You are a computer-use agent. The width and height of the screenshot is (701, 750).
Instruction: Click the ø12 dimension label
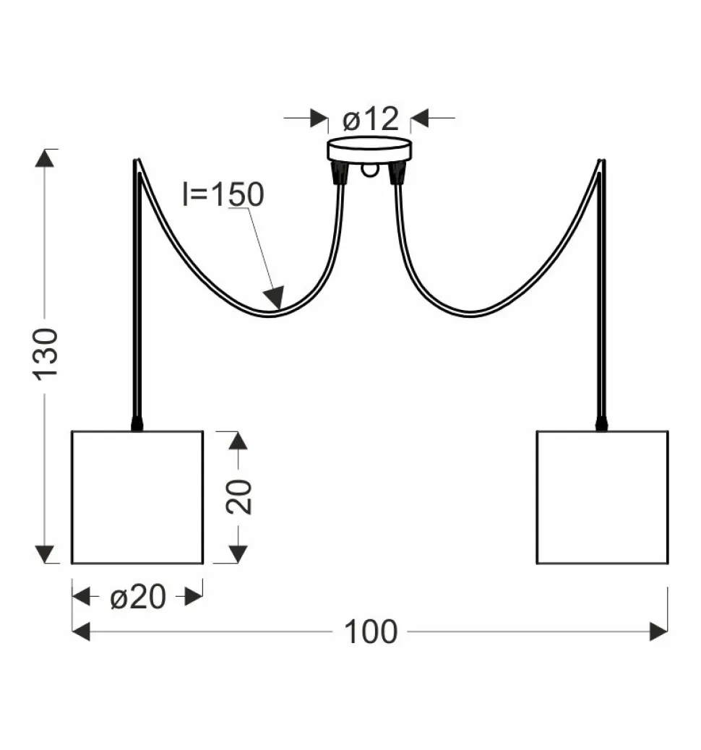(x=370, y=118)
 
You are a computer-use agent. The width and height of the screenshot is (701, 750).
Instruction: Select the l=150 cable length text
(x=223, y=194)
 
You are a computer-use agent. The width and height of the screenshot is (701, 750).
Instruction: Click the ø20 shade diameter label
(x=137, y=598)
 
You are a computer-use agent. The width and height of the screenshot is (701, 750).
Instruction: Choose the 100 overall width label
(x=370, y=632)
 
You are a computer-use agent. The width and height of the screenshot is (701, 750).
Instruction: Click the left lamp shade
(x=137, y=497)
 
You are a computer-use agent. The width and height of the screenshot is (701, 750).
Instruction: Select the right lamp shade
(x=602, y=497)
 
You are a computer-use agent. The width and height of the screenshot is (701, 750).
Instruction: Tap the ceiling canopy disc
(x=369, y=150)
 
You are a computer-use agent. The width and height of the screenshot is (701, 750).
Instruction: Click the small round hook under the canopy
(x=369, y=171)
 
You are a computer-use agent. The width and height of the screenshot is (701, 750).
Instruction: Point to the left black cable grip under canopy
(x=337, y=173)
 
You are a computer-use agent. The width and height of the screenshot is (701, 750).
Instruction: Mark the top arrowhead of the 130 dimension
(x=46, y=158)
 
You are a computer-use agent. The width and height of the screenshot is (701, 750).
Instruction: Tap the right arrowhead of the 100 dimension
(x=658, y=632)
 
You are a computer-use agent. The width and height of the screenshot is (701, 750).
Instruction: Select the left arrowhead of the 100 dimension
(x=81, y=632)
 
